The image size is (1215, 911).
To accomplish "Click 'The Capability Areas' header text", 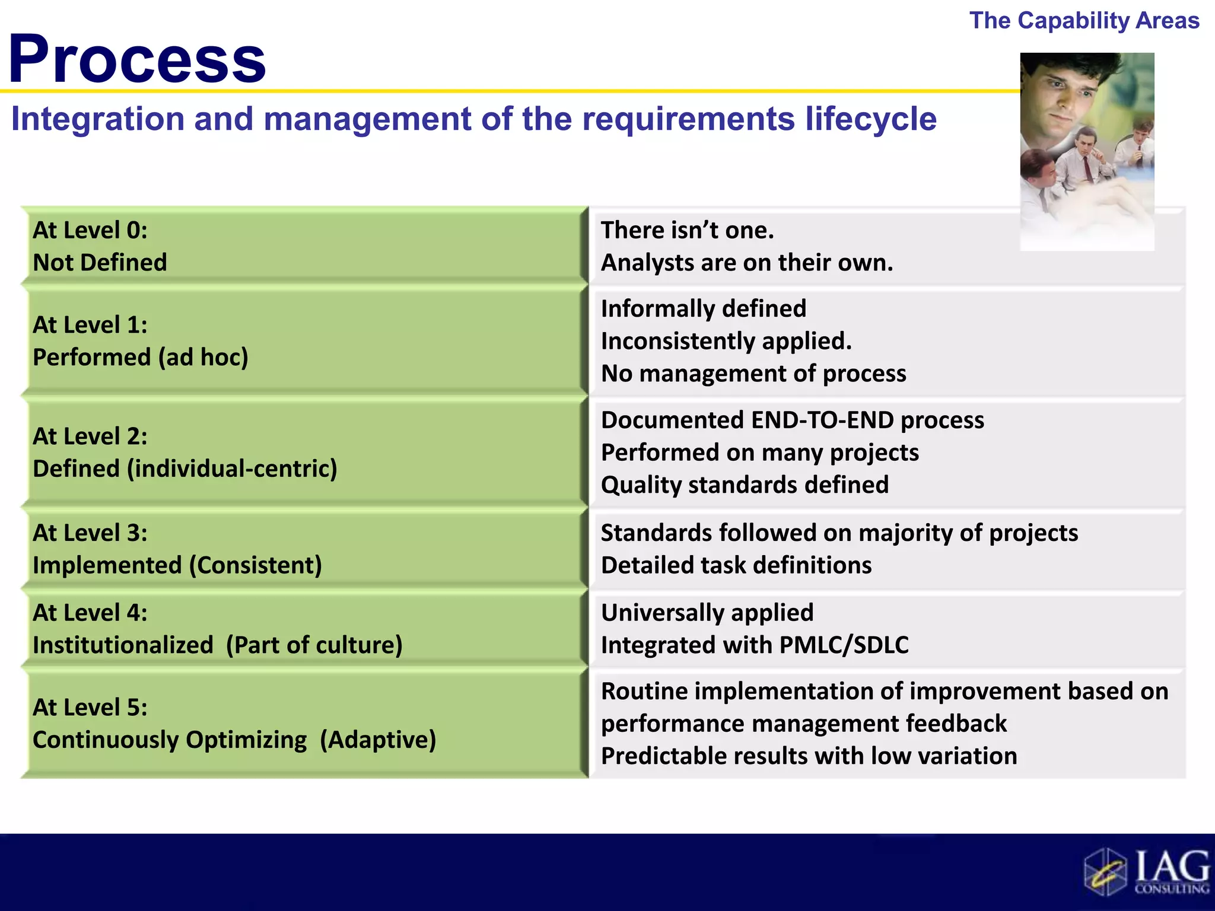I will point(1084,21).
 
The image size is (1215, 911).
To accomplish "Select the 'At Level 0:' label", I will point(90,230).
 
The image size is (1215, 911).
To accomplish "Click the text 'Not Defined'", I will point(100,262).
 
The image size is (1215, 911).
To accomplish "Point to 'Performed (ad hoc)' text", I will point(141,357).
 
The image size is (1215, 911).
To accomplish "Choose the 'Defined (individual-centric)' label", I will point(185,469).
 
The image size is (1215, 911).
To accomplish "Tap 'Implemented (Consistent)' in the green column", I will point(177,565).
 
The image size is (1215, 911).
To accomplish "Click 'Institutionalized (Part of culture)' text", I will point(217,645).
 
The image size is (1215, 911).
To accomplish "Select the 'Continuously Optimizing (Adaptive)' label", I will point(234,740).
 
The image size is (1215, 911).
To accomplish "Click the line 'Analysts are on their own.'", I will point(747,262).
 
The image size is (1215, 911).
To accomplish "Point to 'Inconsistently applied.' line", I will point(726,341).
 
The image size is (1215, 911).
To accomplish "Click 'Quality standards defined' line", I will point(745,485).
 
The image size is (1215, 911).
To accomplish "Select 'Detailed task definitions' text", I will point(736,565).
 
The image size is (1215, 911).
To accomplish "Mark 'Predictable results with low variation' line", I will point(809,756).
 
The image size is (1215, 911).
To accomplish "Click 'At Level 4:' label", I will point(90,613).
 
